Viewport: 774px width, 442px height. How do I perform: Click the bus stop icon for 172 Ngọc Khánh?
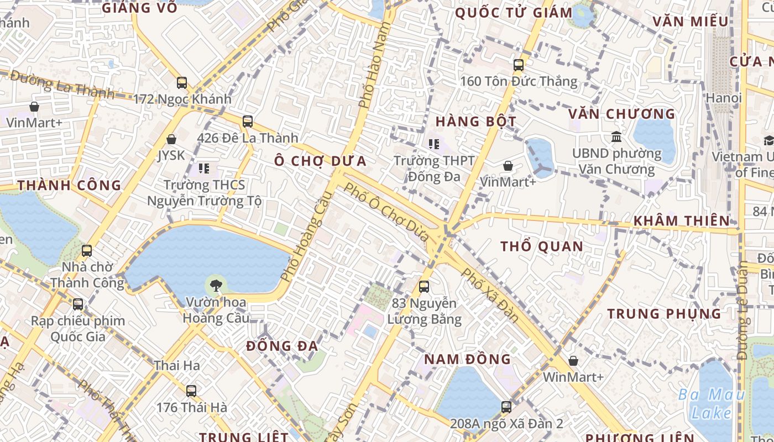coord(182,83)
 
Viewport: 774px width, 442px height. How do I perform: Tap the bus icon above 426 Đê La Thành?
coord(248,121)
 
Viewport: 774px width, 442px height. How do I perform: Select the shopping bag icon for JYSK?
coord(171,139)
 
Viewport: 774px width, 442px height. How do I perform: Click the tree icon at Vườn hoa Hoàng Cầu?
coord(216,286)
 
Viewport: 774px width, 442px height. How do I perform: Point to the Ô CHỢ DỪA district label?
coord(321,161)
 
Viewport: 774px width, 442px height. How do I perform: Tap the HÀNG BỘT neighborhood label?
coord(476,122)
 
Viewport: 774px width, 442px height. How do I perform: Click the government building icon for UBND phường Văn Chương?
coord(616,136)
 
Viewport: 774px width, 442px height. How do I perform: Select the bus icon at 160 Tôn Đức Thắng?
coord(519,65)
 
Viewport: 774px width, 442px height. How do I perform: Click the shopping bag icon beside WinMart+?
coord(573,361)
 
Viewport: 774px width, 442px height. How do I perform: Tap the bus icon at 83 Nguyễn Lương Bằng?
coord(424,287)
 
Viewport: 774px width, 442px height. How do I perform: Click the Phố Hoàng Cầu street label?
coord(301,236)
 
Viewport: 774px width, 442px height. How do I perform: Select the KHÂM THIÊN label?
coord(682,220)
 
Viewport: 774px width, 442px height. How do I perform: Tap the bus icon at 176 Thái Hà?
coord(191,391)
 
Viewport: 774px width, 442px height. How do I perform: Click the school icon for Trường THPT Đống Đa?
coord(434,144)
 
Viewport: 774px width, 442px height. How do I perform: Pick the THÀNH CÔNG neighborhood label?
coord(69,185)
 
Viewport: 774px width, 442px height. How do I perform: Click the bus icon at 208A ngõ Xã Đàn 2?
coord(506,407)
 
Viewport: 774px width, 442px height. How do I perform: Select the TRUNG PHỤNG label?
coord(664,314)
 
